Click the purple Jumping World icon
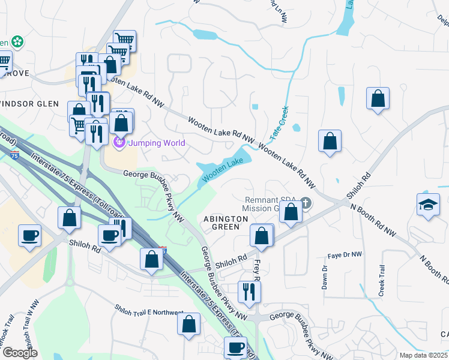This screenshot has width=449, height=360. [119, 142]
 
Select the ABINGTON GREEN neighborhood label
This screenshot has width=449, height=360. [226, 219]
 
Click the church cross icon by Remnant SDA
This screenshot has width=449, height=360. [306, 203]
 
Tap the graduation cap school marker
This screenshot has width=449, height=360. [428, 204]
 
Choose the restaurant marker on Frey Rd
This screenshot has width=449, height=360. [249, 292]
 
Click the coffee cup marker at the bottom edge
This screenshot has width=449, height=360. [235, 347]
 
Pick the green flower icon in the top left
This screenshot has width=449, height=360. [19, 42]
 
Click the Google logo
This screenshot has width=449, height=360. [19, 353]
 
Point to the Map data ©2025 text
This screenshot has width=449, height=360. [423, 355]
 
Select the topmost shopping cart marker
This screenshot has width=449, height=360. [124, 40]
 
